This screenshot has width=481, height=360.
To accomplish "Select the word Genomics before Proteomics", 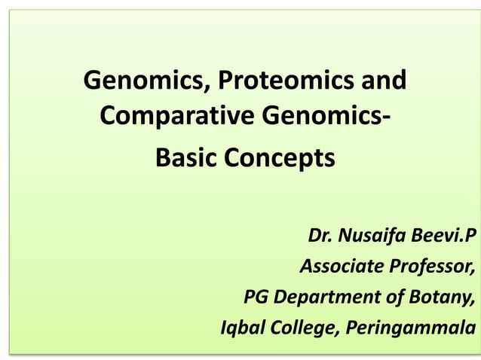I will point(141,81).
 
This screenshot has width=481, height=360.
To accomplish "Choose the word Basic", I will point(185,159).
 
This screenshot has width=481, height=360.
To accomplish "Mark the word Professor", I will point(432,267).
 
